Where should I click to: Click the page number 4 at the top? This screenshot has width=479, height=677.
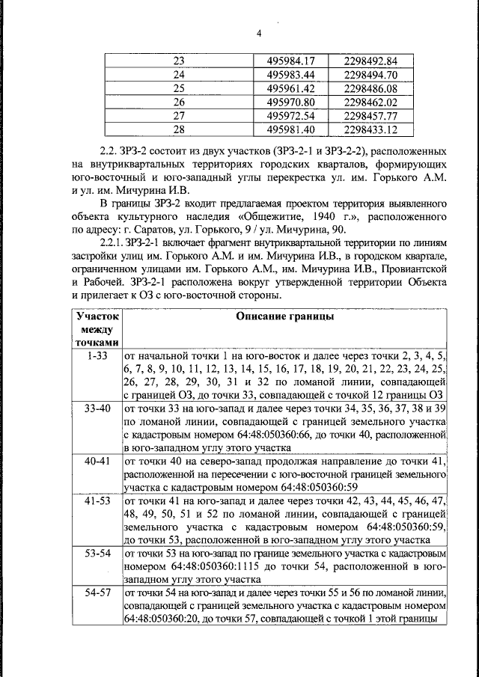tap(259, 33)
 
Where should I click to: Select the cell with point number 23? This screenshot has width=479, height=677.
tap(178, 61)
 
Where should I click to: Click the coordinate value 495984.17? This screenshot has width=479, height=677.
tap(287, 61)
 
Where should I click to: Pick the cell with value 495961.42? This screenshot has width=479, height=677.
tap(287, 88)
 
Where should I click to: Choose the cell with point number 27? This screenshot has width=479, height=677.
tap(178, 116)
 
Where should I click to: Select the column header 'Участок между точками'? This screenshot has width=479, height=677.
tap(97, 329)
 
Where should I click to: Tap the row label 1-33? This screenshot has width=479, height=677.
tap(97, 357)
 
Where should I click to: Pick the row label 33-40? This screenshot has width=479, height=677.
tap(97, 408)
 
